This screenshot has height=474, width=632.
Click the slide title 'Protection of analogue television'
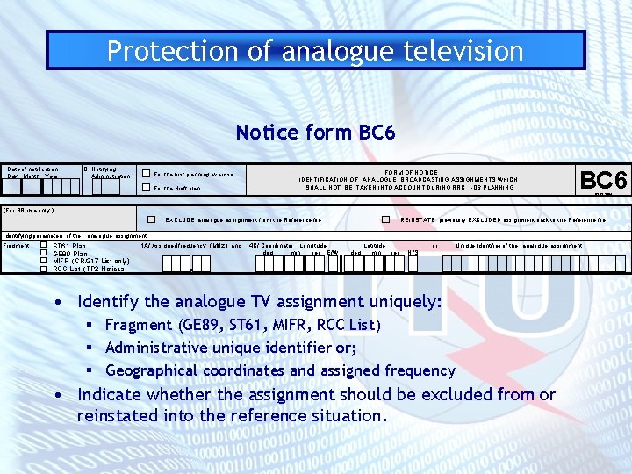point(315,50)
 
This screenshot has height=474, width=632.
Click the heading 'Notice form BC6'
point(315,133)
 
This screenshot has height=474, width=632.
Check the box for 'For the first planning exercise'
point(147,174)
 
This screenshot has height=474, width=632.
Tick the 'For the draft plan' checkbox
point(147,188)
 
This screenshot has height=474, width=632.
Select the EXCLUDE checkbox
point(152,219)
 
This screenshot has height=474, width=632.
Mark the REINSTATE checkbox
point(385,219)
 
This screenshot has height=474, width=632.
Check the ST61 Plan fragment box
point(44,246)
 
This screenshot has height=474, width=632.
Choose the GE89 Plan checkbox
point(44,254)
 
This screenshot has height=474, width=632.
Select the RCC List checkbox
point(44,269)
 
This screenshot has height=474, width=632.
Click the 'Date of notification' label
point(32,169)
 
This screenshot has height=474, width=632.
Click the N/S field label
point(413,253)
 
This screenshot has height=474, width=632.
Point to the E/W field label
point(332,253)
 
